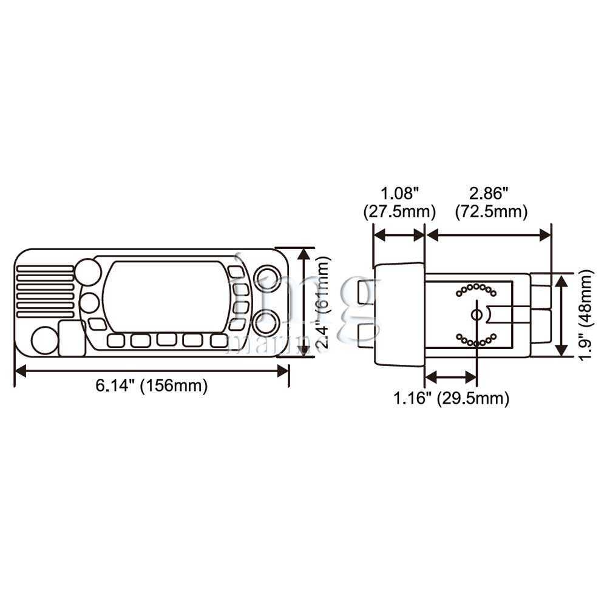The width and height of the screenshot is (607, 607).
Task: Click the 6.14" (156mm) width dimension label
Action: (151, 385)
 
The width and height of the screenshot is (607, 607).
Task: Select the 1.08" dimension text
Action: (400, 193)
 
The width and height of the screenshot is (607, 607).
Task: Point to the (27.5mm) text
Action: (399, 211)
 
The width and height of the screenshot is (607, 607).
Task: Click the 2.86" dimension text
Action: (489, 193)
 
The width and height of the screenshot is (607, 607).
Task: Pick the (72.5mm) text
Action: (491, 211)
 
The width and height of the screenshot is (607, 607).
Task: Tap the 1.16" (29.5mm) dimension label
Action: (451, 398)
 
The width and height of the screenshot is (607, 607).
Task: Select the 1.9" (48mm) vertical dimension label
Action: (585, 314)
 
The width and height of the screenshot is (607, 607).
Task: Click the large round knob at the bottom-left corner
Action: (44, 341)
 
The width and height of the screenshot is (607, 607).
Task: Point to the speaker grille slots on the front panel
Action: (45, 291)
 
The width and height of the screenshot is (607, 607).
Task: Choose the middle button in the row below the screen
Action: (167, 339)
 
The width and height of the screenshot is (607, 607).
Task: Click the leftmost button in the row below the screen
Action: (116, 341)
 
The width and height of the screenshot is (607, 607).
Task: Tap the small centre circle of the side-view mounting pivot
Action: (477, 314)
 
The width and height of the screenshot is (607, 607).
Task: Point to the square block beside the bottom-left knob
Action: (72, 338)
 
